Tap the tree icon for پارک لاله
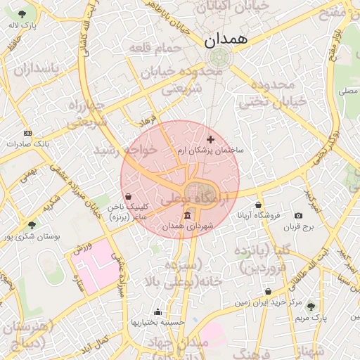[x=23, y=14]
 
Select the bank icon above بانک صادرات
[x=27, y=133]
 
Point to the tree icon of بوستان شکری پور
[x=31, y=225]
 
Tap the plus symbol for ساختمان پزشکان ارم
[x=210, y=140]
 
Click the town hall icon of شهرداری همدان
[x=186, y=216]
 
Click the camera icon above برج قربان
[x=299, y=216]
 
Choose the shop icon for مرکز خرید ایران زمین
[x=268, y=292]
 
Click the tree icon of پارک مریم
[x=311, y=307]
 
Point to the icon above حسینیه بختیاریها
[x=157, y=312]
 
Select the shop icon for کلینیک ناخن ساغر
[x=128, y=197]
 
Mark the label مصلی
[x=347, y=91]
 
